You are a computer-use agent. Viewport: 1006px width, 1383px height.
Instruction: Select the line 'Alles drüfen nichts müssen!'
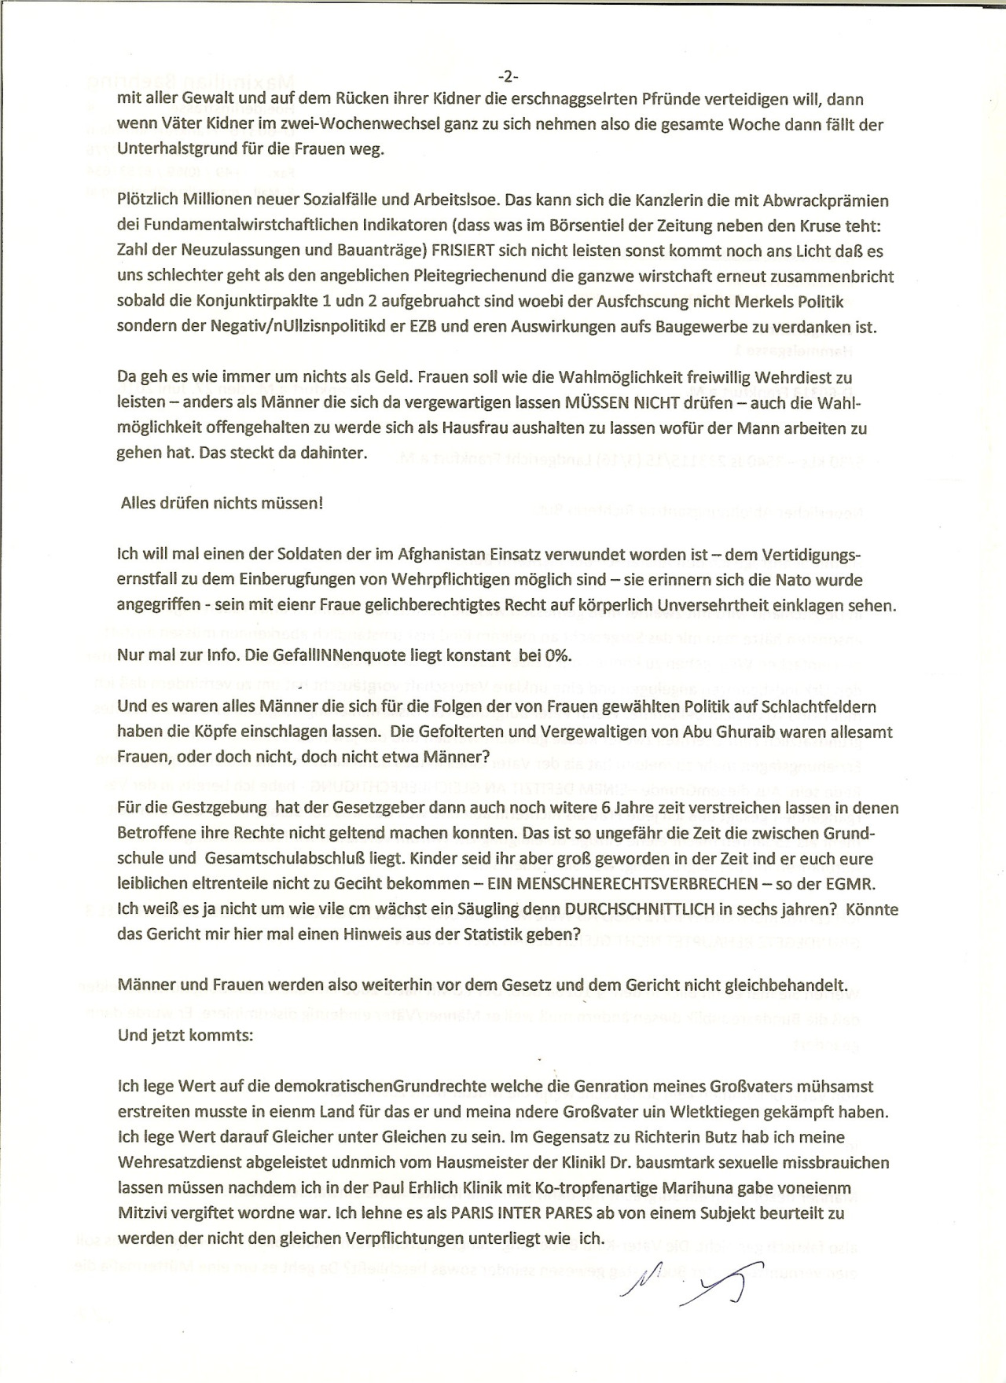click(222, 503)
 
